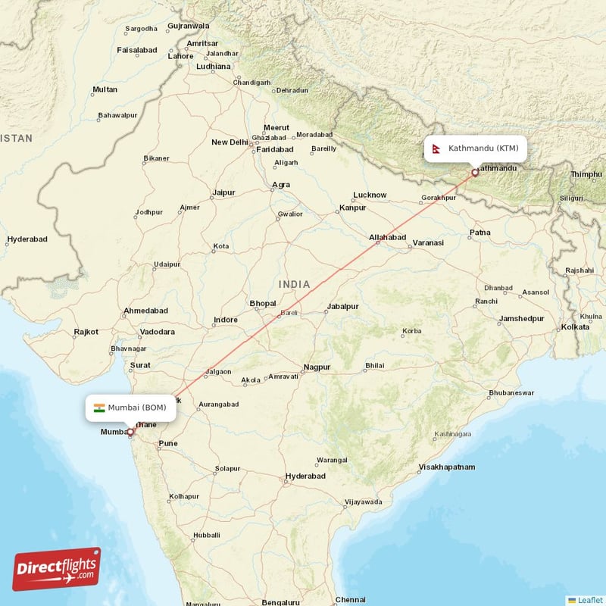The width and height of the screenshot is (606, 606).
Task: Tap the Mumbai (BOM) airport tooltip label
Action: [131, 408]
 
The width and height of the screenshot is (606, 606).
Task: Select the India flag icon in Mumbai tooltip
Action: [99, 408]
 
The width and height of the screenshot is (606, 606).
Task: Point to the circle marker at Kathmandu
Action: [475, 173]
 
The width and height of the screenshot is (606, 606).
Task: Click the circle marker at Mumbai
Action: [130, 433]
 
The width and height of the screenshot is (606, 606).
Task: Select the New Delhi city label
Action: [230, 142]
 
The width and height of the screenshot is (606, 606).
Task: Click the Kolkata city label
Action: [574, 327]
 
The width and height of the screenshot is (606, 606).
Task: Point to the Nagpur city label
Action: [317, 367]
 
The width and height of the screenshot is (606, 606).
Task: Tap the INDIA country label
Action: [294, 284]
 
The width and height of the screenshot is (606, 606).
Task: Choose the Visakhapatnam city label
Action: [447, 467]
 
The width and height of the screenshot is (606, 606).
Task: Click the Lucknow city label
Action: [370, 195]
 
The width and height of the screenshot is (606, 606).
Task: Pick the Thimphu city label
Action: [586, 174]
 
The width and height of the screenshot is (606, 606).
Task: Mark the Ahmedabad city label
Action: [145, 311]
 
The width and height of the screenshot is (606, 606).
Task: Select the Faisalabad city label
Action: [137, 50]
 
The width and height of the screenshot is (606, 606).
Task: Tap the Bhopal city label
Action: [263, 303]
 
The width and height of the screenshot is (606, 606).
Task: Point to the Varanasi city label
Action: [428, 243]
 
